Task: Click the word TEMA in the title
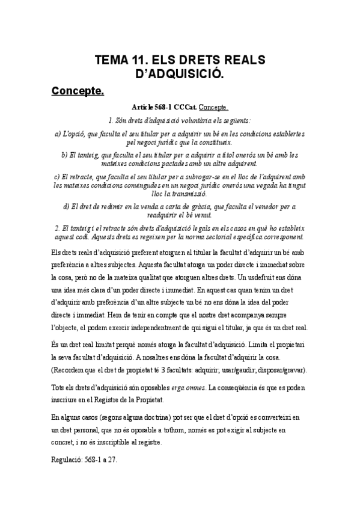(111, 61)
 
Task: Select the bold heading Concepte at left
(78, 91)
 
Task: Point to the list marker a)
(58, 133)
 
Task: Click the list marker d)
(67, 206)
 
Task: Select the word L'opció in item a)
(78, 133)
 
